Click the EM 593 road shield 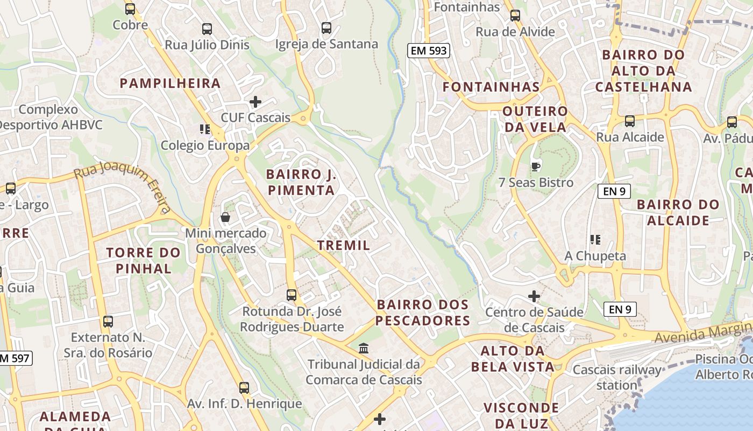pyautogui.click(x=428, y=51)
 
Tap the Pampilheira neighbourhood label pyautogui.click(x=170, y=83)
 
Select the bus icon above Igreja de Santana pyautogui.click(x=326, y=27)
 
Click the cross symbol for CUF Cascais pyautogui.click(x=255, y=101)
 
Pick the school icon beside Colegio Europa pyautogui.click(x=204, y=129)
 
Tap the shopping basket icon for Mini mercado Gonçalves pyautogui.click(x=225, y=217)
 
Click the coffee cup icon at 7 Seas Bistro pyautogui.click(x=535, y=166)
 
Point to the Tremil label pyautogui.click(x=344, y=246)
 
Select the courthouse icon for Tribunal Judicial pyautogui.click(x=364, y=349)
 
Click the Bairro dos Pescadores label pyautogui.click(x=423, y=312)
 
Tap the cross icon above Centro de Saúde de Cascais pyautogui.click(x=534, y=296)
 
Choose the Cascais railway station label pyautogui.click(x=617, y=378)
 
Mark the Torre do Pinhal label pyautogui.click(x=143, y=260)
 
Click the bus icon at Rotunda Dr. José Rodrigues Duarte pyautogui.click(x=292, y=295)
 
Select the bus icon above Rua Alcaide pyautogui.click(x=629, y=121)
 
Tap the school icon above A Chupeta pyautogui.click(x=595, y=239)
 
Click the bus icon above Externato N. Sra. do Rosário pyautogui.click(x=108, y=322)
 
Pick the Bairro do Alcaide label pyautogui.click(x=678, y=212)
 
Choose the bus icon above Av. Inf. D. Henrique pyautogui.click(x=244, y=387)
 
